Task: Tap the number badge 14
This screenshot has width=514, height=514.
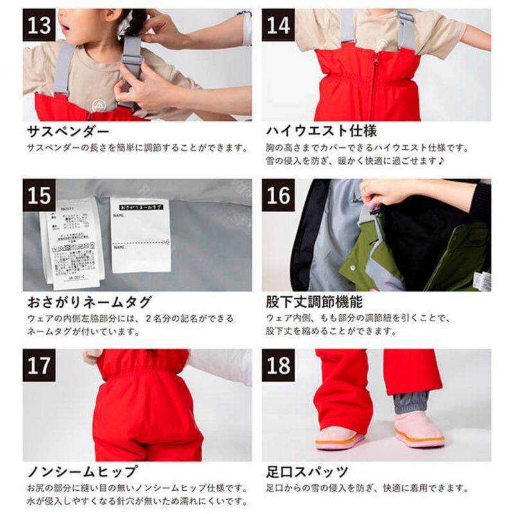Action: pyautogui.click(x=278, y=26)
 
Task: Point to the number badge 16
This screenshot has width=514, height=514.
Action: pyautogui.click(x=278, y=195)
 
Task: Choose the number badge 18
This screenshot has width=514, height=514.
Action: pyautogui.click(x=278, y=365)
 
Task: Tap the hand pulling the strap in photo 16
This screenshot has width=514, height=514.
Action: pyautogui.click(x=385, y=191)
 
